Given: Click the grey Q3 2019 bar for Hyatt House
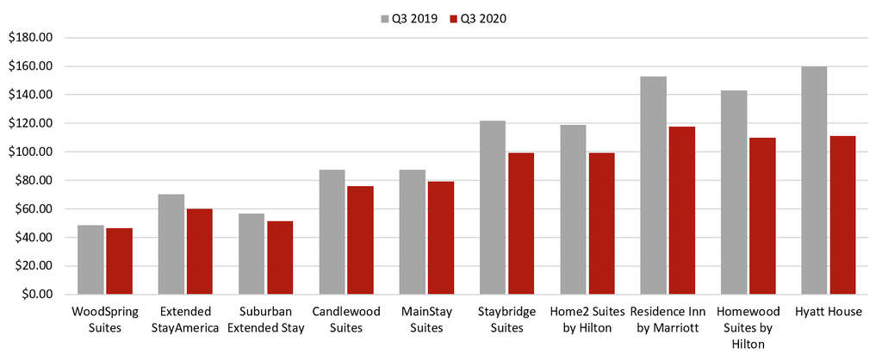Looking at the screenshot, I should tap(814, 180).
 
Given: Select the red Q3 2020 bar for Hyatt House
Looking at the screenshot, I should tap(842, 214).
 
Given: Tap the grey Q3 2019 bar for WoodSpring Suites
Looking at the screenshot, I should tap(90, 259).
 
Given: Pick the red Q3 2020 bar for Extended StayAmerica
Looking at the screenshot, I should tap(199, 251).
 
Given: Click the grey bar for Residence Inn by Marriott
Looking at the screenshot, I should tap(653, 185).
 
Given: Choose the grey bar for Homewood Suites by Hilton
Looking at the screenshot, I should tap(734, 192).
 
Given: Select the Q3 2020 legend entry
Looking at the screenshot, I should tap(478, 18).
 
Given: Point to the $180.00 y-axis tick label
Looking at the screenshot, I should tap(31, 38).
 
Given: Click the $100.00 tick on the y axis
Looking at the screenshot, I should tap(31, 152).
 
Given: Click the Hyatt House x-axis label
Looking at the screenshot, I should tap(828, 312).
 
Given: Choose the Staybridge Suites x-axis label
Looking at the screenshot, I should tap(506, 319).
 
